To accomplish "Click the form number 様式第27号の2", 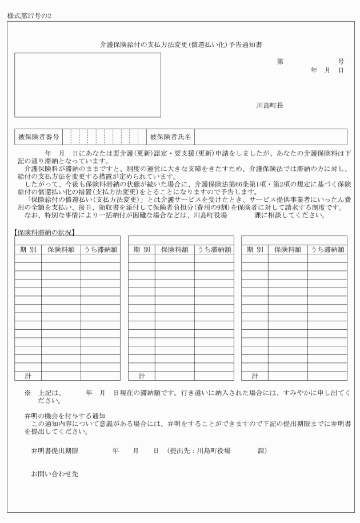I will point(29,15).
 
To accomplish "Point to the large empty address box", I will point(87,85).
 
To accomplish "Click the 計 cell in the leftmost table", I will point(28,376).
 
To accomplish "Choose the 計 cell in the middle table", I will point(141,376).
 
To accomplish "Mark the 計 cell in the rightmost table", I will point(254,376).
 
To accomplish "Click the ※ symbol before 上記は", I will point(26,394).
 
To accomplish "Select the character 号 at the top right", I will point(341,61).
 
